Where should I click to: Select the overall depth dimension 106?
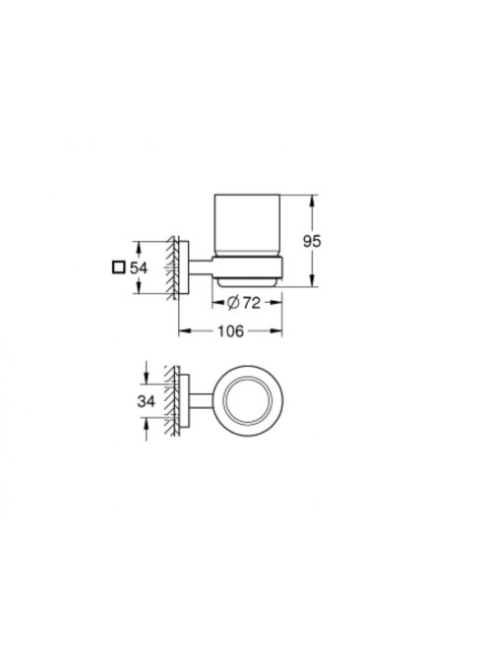232,331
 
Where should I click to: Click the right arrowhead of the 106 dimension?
282,331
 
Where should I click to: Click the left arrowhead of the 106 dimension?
181,331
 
